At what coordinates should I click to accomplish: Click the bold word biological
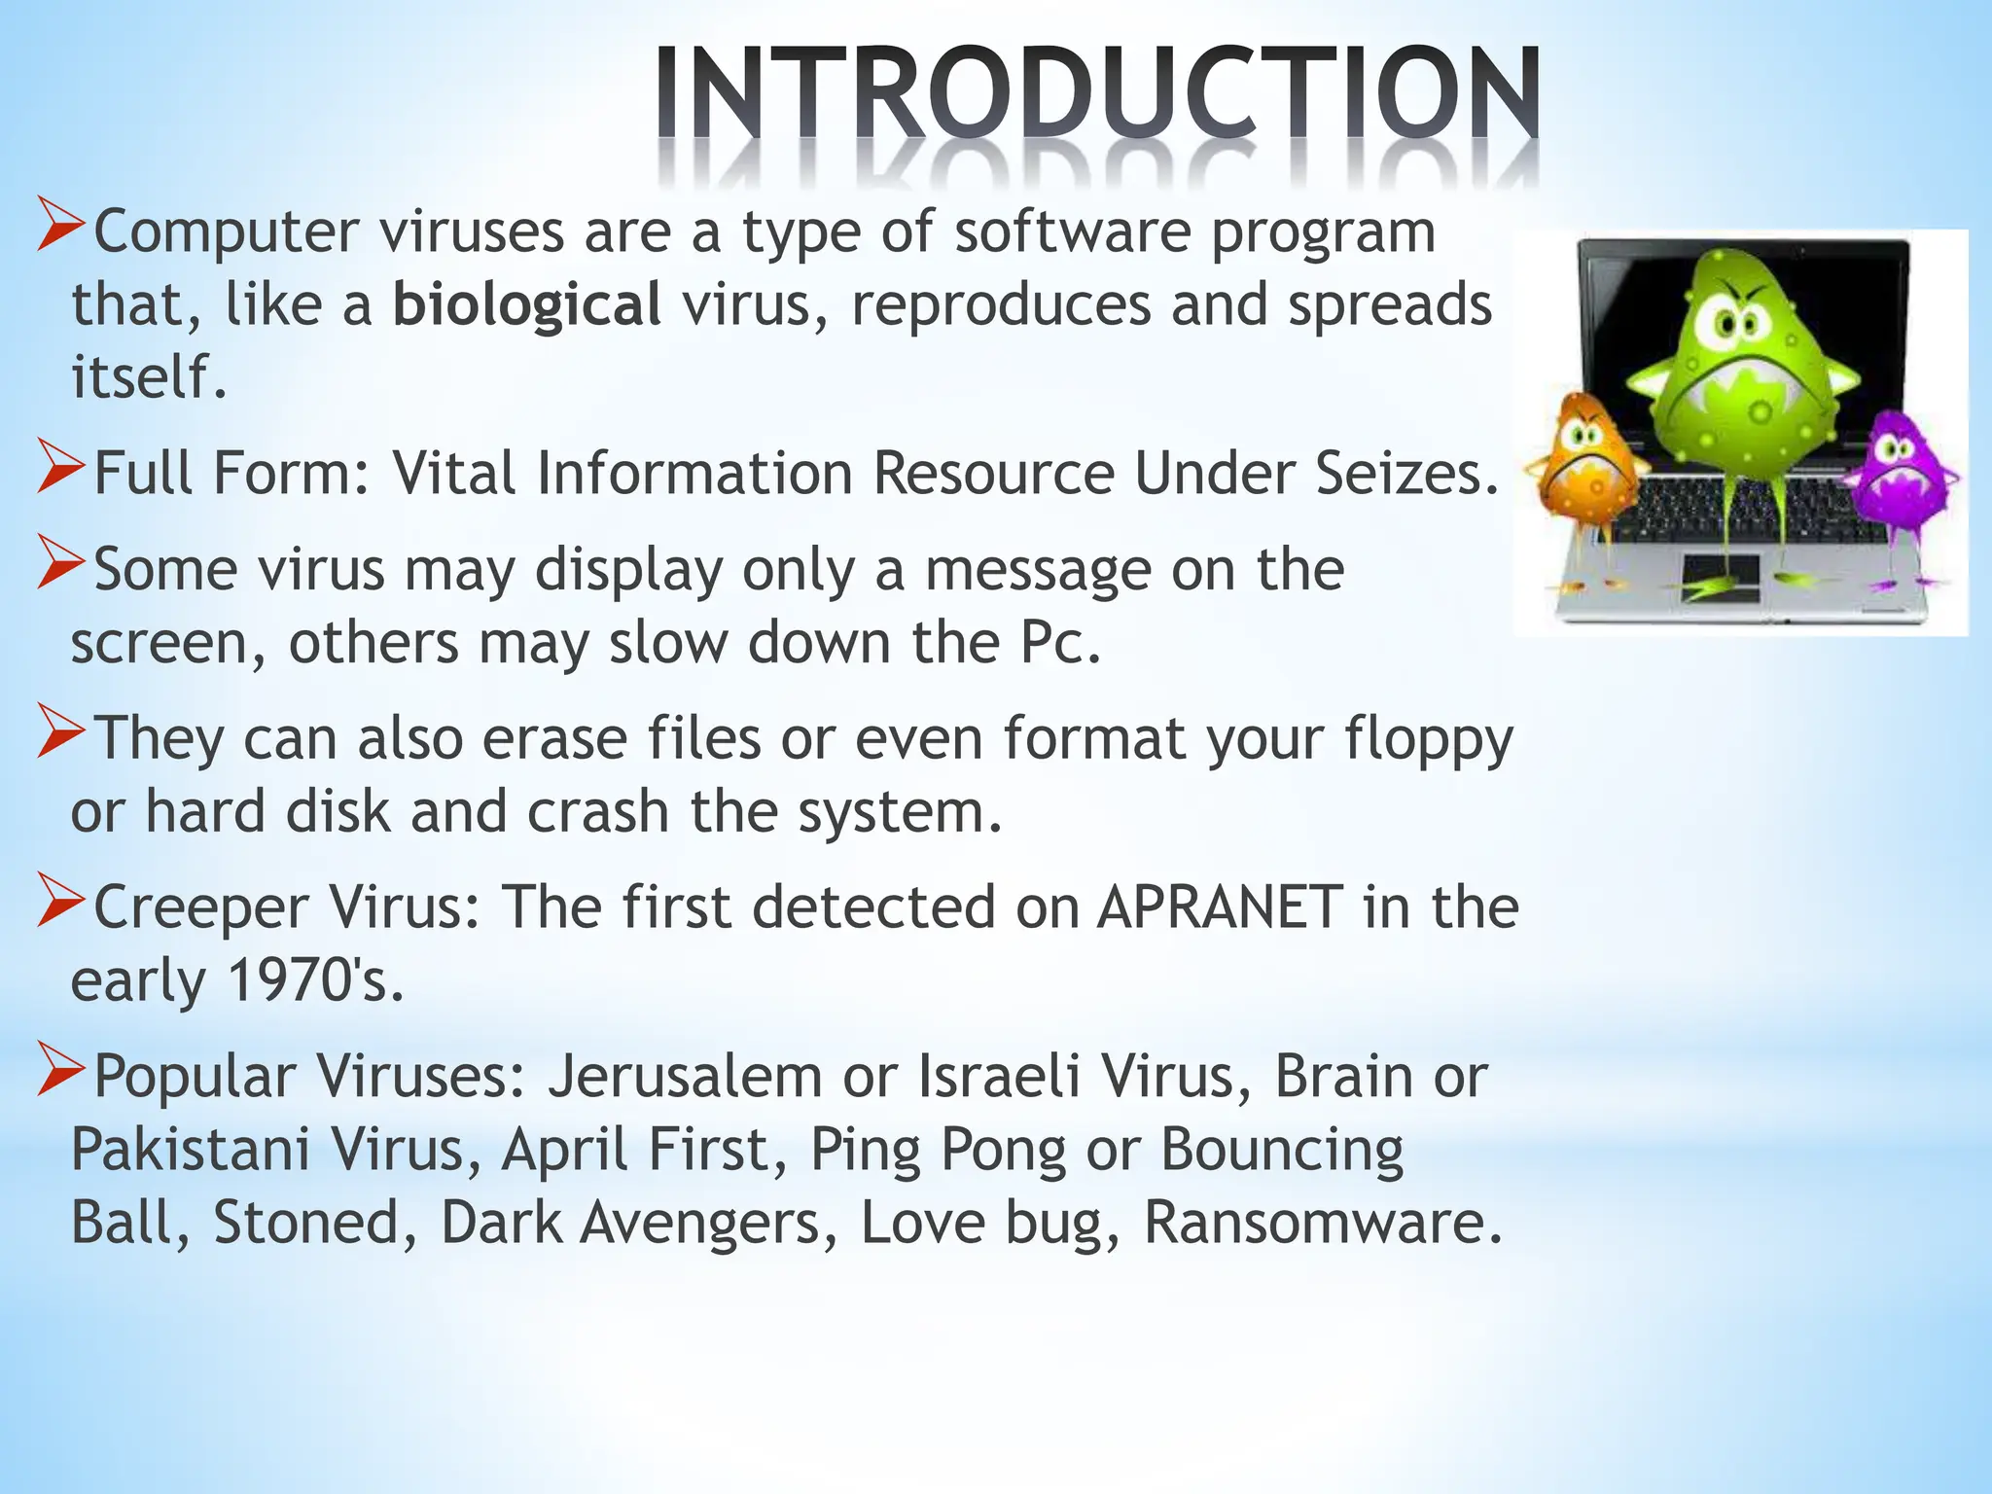click(x=526, y=304)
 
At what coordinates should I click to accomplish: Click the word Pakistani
click(x=190, y=1150)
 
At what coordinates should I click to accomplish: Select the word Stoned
click(x=305, y=1223)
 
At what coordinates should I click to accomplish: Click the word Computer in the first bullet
click(x=226, y=233)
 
